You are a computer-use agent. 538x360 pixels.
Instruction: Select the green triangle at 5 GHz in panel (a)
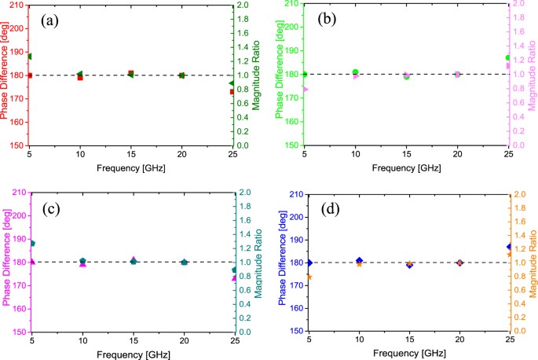[30, 57]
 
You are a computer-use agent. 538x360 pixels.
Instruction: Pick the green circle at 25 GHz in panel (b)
[508, 58]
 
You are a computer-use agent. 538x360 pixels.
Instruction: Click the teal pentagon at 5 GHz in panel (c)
[32, 244]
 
